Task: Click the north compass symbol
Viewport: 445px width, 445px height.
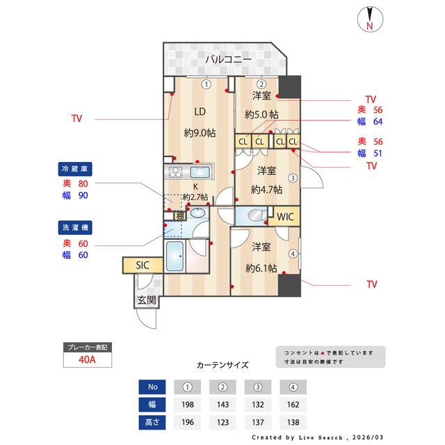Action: tap(370, 19)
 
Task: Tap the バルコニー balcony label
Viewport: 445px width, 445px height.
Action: tap(228, 60)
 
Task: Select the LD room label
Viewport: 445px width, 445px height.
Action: tap(200, 111)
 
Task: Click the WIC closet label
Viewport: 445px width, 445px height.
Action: tap(286, 217)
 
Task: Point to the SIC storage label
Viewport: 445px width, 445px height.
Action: tap(143, 265)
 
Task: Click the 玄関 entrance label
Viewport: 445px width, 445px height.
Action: tap(146, 300)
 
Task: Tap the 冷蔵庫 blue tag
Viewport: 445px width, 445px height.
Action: tap(76, 169)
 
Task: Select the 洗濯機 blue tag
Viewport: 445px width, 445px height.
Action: tap(76, 227)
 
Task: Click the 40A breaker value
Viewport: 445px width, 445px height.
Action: tap(88, 360)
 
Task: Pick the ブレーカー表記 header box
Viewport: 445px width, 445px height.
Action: tap(88, 346)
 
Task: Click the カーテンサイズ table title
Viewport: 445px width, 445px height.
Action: tap(222, 364)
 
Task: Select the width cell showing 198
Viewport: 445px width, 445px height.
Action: tap(187, 404)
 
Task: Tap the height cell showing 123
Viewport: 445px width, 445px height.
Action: tap(223, 421)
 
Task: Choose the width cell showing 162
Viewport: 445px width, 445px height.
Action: tap(293, 404)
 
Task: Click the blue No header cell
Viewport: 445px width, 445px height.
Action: tap(152, 387)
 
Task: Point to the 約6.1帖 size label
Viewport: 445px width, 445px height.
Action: tap(261, 268)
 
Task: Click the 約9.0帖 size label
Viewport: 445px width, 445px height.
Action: tap(200, 133)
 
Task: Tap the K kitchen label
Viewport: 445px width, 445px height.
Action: tap(195, 186)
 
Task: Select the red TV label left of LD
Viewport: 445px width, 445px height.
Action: tap(76, 119)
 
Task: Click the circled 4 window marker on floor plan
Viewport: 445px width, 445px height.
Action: tap(293, 254)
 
